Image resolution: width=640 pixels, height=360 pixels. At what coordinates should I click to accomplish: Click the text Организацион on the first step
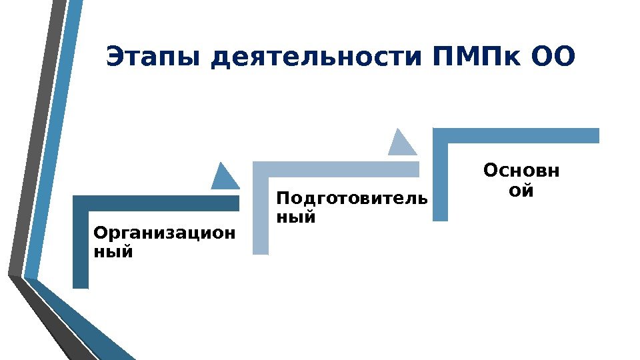pyautogui.click(x=164, y=234)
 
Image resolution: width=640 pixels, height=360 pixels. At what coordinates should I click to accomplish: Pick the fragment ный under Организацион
pyautogui.click(x=113, y=253)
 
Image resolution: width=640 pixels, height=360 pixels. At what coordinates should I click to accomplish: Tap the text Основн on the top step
pyautogui.click(x=521, y=171)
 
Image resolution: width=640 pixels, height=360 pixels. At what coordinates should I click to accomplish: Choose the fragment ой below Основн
pyautogui.click(x=521, y=191)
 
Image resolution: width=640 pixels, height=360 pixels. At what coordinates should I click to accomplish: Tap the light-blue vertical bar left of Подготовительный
pyautogui.click(x=261, y=213)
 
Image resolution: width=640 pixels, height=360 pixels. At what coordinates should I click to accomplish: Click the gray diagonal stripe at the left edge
pyautogui.click(x=37, y=133)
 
